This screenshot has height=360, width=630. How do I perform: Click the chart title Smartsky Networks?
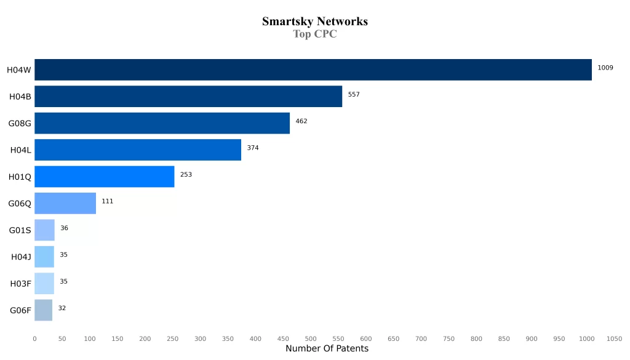[x=314, y=22]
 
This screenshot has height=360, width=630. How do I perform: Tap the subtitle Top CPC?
[x=314, y=34]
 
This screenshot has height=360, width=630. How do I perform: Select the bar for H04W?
[x=313, y=70]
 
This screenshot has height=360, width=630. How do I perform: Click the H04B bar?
[x=188, y=97]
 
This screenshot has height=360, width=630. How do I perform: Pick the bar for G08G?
[x=162, y=123]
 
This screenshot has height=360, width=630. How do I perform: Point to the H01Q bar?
[x=104, y=177]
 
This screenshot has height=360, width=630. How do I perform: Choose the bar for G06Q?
[x=65, y=203]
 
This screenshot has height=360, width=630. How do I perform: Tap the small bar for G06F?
[x=43, y=310]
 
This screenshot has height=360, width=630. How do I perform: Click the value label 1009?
[x=605, y=68]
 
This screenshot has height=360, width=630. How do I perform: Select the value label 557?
[x=353, y=94]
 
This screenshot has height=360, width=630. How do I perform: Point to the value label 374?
[x=253, y=148]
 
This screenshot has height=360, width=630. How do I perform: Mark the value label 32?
[x=62, y=308]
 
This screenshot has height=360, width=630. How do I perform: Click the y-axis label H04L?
[x=20, y=150]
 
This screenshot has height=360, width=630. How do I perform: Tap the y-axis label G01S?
[x=20, y=230]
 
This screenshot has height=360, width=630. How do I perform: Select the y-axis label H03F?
[x=20, y=284]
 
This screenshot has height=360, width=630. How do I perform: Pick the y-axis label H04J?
[x=21, y=257]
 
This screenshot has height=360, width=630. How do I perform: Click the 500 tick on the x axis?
[x=311, y=338]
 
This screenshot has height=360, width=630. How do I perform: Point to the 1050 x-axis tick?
[x=614, y=338]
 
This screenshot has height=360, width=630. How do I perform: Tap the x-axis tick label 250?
[x=172, y=338]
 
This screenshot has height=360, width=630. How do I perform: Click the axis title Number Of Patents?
[x=327, y=349]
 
